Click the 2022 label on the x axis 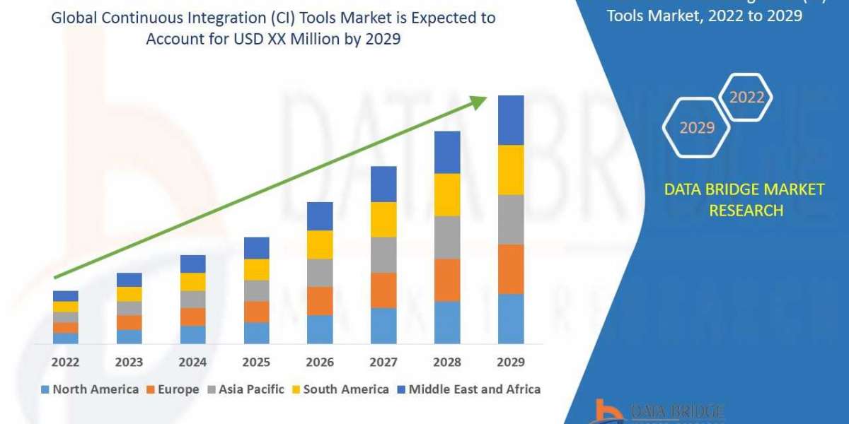[x=65, y=362]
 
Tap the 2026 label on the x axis [x=320, y=362]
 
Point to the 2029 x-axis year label [x=511, y=362]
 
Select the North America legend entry [x=90, y=389]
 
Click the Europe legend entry [x=173, y=389]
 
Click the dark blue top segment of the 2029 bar [x=511, y=120]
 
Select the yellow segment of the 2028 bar [x=447, y=194]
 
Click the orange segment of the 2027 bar [x=383, y=290]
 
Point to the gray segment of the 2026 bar [x=320, y=272]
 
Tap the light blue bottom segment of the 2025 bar [x=256, y=333]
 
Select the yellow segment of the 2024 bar [x=192, y=281]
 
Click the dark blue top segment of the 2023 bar [x=129, y=279]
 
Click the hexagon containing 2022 [x=746, y=98]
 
